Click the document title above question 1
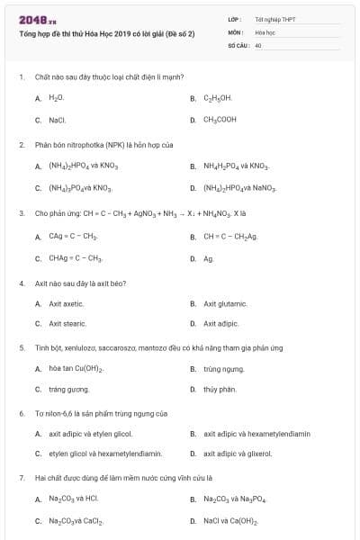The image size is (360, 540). click(107, 33)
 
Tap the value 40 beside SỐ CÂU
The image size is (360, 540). click(258, 45)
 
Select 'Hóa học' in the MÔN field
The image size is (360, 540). click(265, 31)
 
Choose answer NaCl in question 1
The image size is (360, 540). click(58, 119)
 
